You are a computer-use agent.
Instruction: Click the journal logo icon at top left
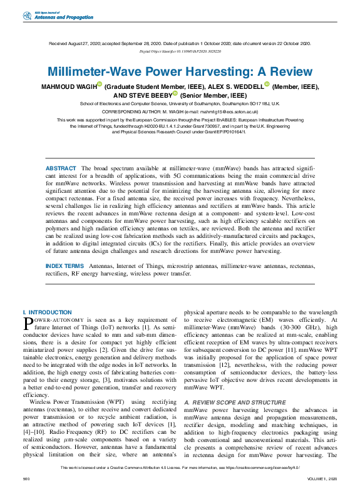tap(26, 15)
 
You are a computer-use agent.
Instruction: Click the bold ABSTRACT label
tap(60, 152)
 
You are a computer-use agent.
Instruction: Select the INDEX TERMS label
tap(64, 266)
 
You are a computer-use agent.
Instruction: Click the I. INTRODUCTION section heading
tap(47, 312)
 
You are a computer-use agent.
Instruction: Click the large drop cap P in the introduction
tap(28, 322)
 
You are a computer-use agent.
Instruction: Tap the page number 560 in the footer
tap(26, 478)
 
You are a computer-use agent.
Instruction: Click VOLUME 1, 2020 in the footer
tap(322, 478)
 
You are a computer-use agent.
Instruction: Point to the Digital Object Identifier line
tap(180, 51)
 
